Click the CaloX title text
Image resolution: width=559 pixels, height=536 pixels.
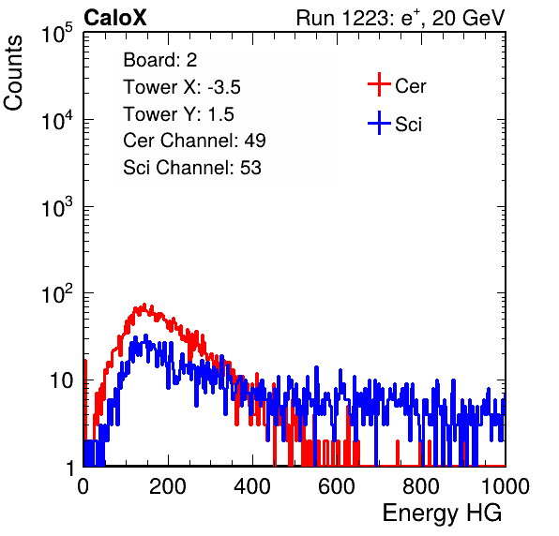tap(115, 18)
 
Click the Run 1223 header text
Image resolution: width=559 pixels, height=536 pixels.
tap(400, 18)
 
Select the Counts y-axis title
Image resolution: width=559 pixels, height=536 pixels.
tap(13, 73)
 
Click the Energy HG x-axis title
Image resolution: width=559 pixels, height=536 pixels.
tap(442, 514)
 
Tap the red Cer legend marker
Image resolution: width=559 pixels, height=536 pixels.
tap(379, 84)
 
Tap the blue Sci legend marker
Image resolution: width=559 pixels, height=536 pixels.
tap(379, 124)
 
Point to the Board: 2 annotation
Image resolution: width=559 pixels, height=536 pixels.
tap(160, 60)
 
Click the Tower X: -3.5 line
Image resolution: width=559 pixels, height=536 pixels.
tap(182, 87)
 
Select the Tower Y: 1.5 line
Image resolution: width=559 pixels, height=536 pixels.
tap(178, 114)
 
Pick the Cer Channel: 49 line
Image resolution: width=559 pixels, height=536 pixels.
tap(194, 141)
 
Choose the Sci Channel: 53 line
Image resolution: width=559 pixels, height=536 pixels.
tap(192, 168)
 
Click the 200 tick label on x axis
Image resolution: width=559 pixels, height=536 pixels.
tap(168, 485)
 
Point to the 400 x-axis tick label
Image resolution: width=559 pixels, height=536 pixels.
tap(252, 485)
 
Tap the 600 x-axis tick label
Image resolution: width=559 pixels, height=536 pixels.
tap(337, 485)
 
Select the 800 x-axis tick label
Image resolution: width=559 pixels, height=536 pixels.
tap(421, 485)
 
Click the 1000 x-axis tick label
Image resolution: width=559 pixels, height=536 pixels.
tap(506, 485)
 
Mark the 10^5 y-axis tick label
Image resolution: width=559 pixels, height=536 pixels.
tap(57, 33)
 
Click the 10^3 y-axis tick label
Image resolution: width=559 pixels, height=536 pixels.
tap(57, 207)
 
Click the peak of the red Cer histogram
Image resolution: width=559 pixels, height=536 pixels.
tap(144, 305)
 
